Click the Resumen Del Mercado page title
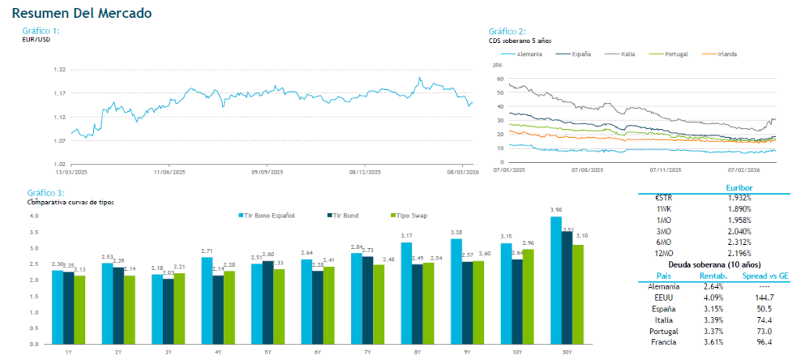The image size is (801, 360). coord(82,13)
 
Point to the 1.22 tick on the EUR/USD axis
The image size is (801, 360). coord(59,70)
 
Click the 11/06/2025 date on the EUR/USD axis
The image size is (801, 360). coord(169,171)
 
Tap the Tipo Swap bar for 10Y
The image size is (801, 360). coord(530,297)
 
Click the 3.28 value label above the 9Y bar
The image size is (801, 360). coord(457,232)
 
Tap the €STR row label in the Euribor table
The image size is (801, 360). coord(663,198)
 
